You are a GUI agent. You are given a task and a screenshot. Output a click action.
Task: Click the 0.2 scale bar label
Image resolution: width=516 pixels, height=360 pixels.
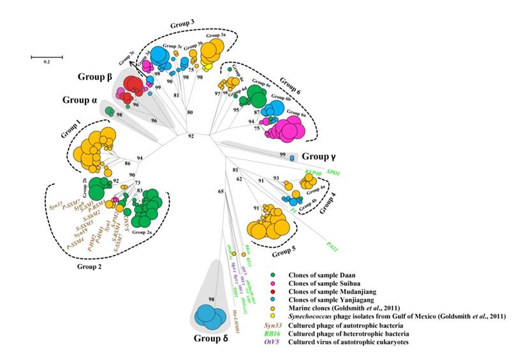[47, 62]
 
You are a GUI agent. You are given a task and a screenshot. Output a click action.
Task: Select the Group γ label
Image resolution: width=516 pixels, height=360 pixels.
[320, 156]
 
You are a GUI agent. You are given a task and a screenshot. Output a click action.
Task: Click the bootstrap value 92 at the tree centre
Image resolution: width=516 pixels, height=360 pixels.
[190, 136]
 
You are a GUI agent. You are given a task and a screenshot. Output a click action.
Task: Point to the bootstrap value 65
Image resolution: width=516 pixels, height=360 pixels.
[221, 190]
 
